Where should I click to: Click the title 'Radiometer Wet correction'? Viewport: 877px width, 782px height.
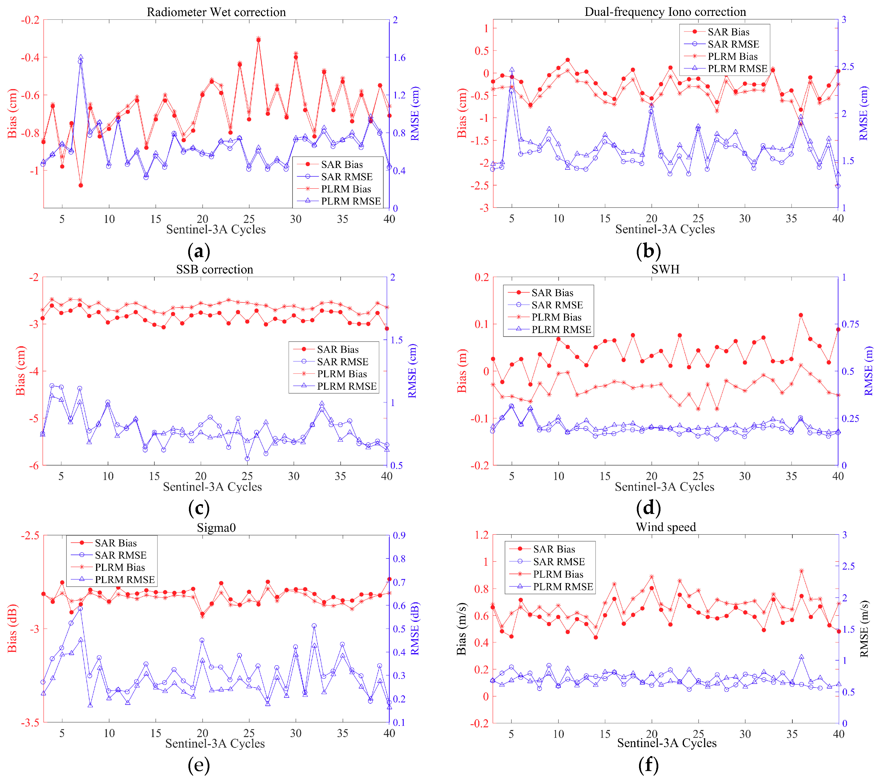click(216, 12)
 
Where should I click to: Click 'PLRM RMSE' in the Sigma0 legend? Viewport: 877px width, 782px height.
click(124, 580)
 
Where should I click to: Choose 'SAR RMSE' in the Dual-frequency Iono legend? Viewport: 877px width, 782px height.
click(733, 44)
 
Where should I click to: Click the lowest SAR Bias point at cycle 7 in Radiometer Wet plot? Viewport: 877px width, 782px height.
click(81, 186)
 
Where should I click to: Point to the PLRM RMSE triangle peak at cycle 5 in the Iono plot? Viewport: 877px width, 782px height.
click(512, 70)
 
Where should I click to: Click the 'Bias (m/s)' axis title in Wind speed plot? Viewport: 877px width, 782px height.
click(461, 629)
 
